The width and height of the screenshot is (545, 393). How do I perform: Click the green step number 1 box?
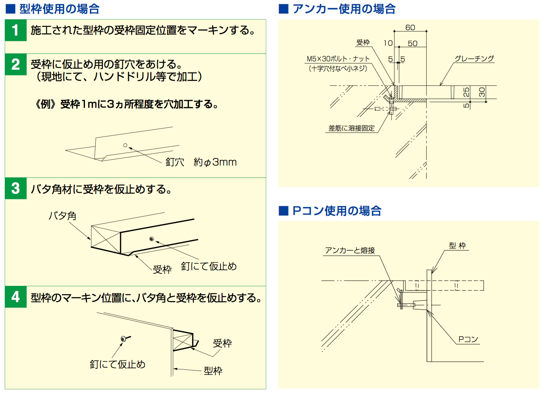point(16,31)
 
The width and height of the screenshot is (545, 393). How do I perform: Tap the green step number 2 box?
point(16,64)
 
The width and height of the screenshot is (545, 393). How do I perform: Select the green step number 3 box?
point(16,189)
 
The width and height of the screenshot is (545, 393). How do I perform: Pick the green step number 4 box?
point(16,297)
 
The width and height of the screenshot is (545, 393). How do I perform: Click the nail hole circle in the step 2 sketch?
point(125,145)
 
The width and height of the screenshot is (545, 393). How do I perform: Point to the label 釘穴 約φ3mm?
point(201,162)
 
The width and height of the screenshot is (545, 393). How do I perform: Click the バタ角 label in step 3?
point(63,216)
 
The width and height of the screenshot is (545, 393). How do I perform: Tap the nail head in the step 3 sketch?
point(152,239)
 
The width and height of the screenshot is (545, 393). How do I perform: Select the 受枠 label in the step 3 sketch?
point(162,270)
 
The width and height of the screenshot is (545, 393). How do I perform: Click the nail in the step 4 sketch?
point(125,339)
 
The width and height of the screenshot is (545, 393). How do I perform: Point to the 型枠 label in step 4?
point(213,371)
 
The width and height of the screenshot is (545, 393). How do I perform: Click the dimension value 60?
point(410,28)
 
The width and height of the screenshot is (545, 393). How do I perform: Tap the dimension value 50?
point(413,44)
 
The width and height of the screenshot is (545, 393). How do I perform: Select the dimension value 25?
point(466,92)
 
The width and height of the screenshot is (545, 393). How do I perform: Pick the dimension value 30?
point(482,92)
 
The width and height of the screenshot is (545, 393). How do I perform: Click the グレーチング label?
point(474,58)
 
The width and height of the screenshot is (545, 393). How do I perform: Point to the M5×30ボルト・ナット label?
point(338,59)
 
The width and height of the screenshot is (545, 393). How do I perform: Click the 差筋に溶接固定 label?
point(351,128)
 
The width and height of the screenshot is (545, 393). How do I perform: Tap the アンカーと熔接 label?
point(350,250)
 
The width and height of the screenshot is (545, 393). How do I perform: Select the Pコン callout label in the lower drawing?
point(468,339)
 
